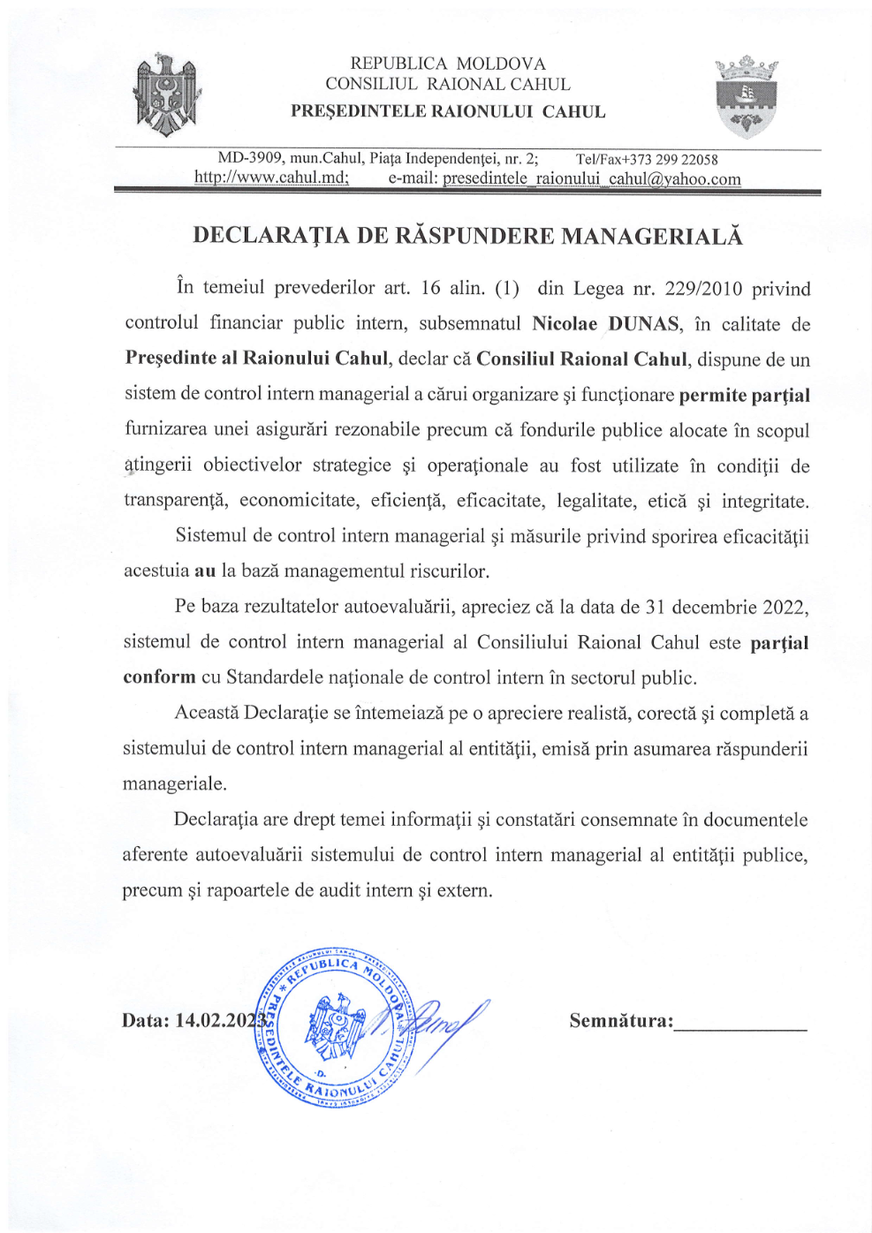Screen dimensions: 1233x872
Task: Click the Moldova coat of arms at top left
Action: (165, 95)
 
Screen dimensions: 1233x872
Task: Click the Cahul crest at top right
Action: (746, 97)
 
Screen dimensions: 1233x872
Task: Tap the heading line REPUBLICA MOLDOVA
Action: (448, 64)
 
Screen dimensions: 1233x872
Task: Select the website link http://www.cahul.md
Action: (270, 178)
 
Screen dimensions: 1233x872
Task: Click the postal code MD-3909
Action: (250, 158)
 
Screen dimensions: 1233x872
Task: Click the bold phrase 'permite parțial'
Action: (744, 395)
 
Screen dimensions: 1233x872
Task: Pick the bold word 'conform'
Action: (159, 677)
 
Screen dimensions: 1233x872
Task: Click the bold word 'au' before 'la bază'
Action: (205, 571)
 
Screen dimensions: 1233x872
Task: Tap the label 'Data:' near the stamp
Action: (145, 1021)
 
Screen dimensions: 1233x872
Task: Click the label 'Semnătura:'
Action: (621, 1021)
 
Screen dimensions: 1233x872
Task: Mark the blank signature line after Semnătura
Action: (740, 1028)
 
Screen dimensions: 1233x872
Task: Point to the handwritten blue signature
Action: (442, 1025)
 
